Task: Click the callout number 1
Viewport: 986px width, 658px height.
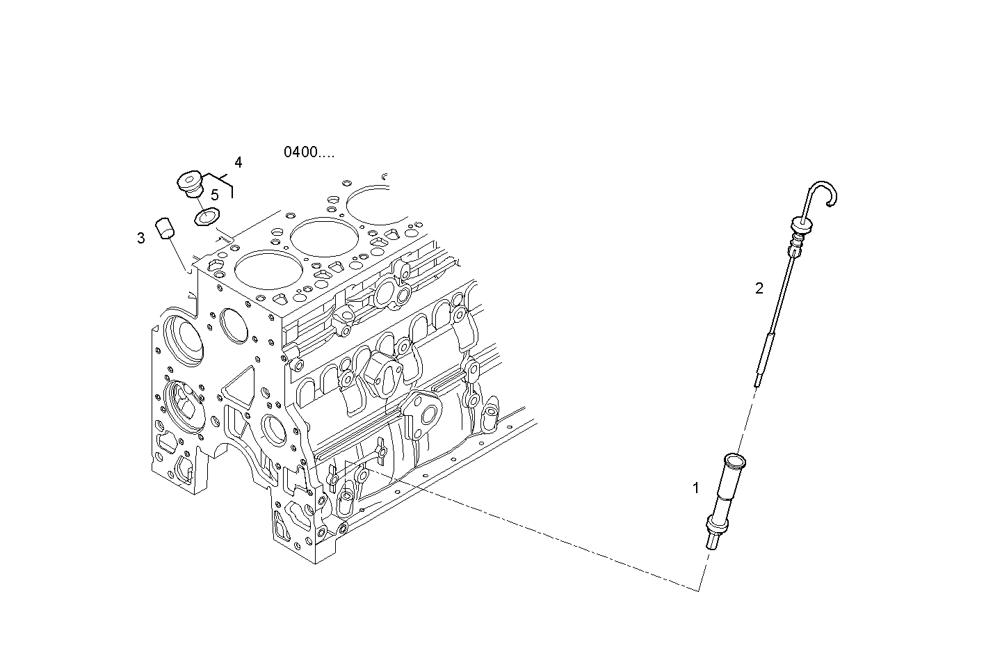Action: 695,488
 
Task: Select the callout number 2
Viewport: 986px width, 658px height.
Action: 759,288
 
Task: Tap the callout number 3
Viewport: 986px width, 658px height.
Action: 141,239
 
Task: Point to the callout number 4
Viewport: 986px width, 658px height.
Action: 239,163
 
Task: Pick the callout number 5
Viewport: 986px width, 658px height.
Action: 215,195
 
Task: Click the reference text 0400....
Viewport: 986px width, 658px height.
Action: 308,152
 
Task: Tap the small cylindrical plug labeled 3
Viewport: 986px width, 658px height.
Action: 165,228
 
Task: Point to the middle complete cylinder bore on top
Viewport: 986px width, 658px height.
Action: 318,238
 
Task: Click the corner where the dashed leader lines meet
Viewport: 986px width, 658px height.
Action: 699,591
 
